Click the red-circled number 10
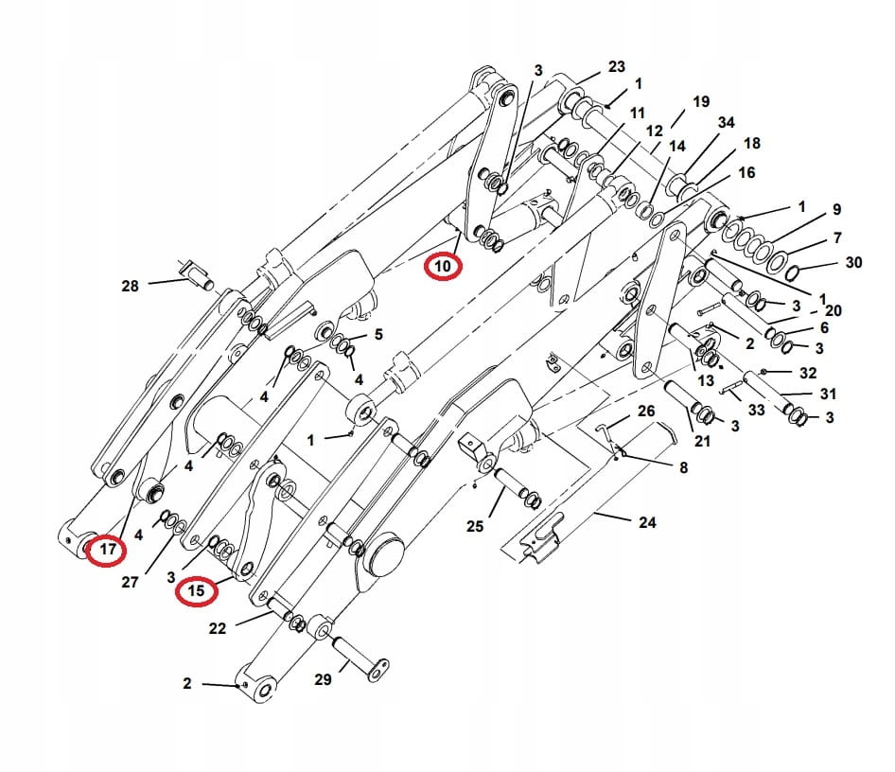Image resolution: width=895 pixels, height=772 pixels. [x=443, y=266]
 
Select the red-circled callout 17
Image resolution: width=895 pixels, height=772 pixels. [x=107, y=549]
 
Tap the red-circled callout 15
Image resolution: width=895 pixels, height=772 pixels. [x=197, y=591]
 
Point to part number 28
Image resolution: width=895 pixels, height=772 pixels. [x=130, y=285]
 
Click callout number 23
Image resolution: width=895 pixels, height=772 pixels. [x=617, y=67]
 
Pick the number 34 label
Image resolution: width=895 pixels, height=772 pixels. [x=726, y=123]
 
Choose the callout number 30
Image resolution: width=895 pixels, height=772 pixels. [x=853, y=262]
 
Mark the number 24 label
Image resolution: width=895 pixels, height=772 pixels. [x=647, y=521]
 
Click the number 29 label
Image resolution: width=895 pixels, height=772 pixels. [x=323, y=680]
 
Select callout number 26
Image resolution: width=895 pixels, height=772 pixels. [x=646, y=411]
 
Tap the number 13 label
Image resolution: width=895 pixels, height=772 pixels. [x=706, y=380]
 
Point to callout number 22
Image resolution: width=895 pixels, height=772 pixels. [x=218, y=628]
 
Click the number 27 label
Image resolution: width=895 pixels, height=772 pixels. [x=130, y=582]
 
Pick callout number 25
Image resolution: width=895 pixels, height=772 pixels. [x=474, y=525]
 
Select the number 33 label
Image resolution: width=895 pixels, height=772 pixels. [x=756, y=411]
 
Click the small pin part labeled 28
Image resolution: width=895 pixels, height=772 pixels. [x=196, y=277]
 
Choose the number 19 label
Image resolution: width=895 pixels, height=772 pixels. [x=700, y=101]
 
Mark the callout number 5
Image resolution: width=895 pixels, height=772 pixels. [x=378, y=334]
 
